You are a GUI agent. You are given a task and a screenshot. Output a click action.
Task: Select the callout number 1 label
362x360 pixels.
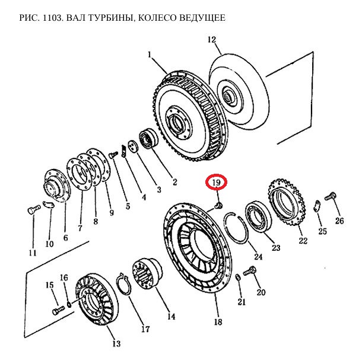pos(150,55)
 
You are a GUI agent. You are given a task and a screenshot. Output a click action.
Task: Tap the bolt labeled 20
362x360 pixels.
pos(250,271)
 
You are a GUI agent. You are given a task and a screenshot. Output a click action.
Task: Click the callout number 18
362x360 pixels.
pos(217,321)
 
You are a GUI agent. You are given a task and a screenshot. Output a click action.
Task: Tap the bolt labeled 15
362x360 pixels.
pos(58,310)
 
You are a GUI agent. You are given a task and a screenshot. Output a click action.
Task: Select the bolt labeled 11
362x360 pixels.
pos(32,209)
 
